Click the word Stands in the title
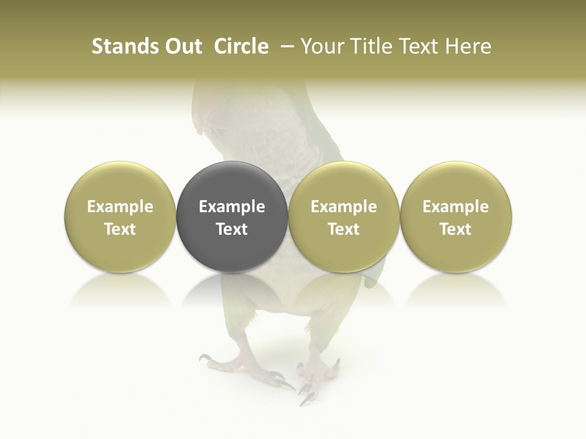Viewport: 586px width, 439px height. [124, 46]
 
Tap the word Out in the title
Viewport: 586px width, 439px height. [182, 46]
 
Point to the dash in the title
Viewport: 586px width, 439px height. [286, 46]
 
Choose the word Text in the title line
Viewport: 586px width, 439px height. [421, 46]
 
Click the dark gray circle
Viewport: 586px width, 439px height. [232, 216]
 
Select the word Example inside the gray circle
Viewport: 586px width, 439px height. [232, 207]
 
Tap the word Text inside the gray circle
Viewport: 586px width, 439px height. [232, 229]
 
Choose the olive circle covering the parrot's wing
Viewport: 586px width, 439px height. [344, 216]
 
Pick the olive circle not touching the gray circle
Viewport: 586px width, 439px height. [455, 216]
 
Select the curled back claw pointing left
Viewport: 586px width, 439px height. [205, 358]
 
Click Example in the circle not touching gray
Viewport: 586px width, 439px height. [455, 207]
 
